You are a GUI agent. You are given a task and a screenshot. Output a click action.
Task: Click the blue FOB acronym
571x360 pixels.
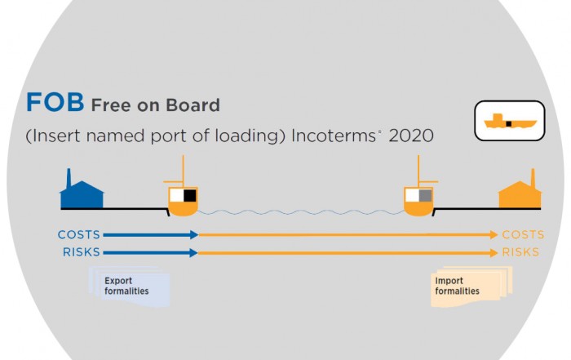[55, 102]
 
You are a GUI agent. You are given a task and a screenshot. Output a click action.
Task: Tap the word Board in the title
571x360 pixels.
[193, 105]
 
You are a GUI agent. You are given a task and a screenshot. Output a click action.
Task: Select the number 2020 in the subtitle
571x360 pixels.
[411, 136]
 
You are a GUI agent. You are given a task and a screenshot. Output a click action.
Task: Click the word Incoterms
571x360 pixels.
[334, 136]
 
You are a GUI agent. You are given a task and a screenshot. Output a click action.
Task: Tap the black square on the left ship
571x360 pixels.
[190, 196]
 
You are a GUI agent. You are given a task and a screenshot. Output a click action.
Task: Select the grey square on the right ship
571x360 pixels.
[425, 196]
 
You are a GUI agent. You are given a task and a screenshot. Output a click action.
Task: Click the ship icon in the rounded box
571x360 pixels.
[510, 121]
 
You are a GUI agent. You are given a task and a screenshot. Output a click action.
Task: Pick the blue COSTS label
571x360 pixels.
[78, 234]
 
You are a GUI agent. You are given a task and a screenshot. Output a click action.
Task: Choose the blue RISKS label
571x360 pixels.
[82, 252]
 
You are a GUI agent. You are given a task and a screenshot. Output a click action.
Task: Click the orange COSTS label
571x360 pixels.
[524, 234]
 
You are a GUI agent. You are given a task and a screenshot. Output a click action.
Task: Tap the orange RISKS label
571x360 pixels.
[520, 252]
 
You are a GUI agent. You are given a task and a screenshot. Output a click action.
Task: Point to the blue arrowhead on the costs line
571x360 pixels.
[194, 234]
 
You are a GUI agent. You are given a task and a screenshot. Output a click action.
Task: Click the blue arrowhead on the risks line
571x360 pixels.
[194, 252]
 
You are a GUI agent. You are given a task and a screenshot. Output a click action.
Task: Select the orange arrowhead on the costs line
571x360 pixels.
[494, 234]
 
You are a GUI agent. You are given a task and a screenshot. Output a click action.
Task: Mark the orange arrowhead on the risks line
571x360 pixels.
[494, 252]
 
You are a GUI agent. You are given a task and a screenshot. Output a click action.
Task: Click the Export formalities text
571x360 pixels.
[126, 286]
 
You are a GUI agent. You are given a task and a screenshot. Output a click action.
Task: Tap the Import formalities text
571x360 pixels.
[457, 286]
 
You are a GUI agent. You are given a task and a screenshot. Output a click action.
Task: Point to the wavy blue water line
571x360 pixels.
[301, 212]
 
